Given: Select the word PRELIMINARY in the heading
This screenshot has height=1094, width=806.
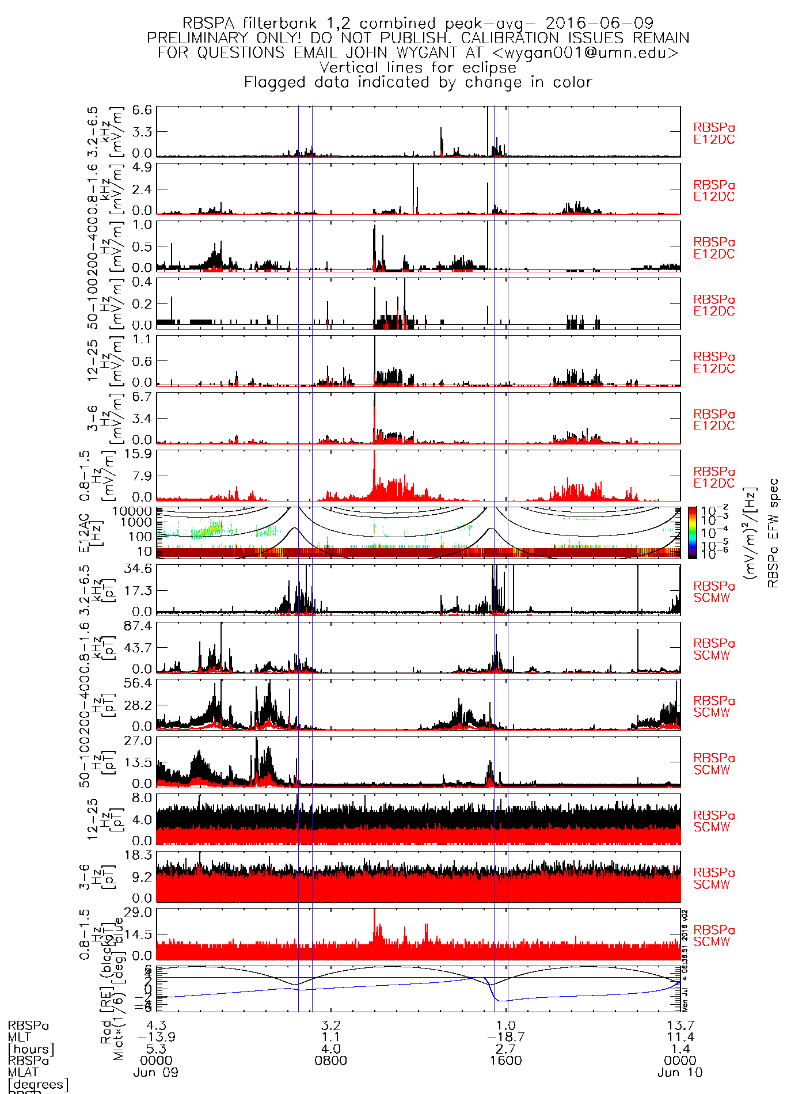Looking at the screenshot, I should click(x=197, y=38).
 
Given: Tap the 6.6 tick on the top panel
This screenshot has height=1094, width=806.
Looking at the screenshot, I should click(x=142, y=109).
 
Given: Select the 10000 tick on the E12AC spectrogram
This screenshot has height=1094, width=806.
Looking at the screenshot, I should click(x=132, y=511).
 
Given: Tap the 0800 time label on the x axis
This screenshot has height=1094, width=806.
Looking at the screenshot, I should click(x=331, y=1060).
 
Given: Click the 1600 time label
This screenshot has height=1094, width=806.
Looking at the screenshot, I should click(x=505, y=1060).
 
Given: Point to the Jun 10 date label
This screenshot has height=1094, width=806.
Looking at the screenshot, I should click(x=680, y=1072).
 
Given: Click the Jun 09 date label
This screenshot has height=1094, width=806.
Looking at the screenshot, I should click(x=156, y=1072).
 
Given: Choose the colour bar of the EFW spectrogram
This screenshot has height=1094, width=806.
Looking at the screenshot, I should click(x=693, y=533).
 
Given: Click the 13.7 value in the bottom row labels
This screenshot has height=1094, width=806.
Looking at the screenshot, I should click(x=680, y=1025).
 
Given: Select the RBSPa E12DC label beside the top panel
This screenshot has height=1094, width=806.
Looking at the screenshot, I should click(x=714, y=134).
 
